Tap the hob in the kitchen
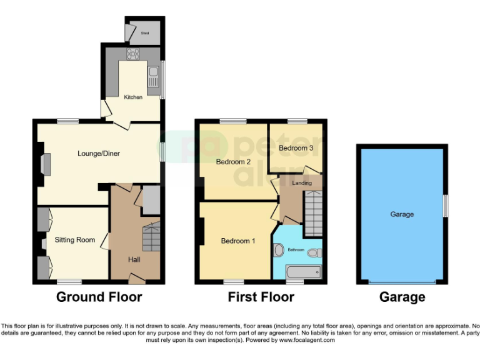(133, 53)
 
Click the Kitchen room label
(133, 97)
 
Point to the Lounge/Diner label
(99, 153)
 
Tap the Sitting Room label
(74, 239)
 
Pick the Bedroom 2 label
(233, 162)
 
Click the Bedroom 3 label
(296, 149)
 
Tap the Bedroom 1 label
(238, 241)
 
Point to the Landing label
(302, 183)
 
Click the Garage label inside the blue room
(402, 214)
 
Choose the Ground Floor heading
(99, 297)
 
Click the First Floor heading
(261, 297)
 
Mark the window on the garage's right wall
(446, 206)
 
